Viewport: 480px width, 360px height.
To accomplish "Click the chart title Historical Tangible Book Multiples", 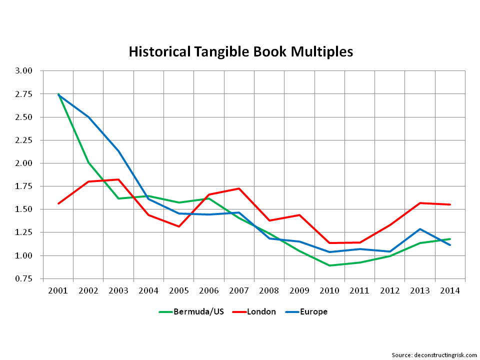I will pos(240,51).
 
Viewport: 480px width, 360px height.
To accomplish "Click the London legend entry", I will pos(260,312).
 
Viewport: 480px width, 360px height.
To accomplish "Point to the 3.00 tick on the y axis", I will pos(23,71).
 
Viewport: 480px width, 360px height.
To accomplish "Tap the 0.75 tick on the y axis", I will pos(23,278).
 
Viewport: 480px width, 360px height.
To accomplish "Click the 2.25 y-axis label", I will pos(23,140).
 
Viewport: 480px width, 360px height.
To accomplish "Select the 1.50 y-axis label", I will pos(23,209).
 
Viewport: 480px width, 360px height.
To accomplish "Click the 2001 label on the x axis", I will pos(58,290).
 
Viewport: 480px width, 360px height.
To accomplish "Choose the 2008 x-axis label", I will pos(269,290).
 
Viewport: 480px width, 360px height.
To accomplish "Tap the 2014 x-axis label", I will pos(450,290).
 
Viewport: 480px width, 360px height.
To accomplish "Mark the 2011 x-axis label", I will pos(359,290).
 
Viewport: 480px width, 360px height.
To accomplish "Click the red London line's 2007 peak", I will pos(239,188).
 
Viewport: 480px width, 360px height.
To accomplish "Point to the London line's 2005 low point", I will pos(178,226).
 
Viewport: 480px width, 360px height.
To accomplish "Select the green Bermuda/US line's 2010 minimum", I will pos(329,265).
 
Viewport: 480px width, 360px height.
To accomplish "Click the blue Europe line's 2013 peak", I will pos(420,229).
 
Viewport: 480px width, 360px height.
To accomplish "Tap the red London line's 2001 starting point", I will pos(58,203).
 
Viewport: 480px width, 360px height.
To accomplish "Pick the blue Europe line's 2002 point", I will pos(88,117).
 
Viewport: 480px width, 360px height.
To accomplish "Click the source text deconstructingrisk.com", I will pos(434,355).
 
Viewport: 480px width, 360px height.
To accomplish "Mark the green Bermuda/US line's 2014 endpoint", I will pos(450,239).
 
